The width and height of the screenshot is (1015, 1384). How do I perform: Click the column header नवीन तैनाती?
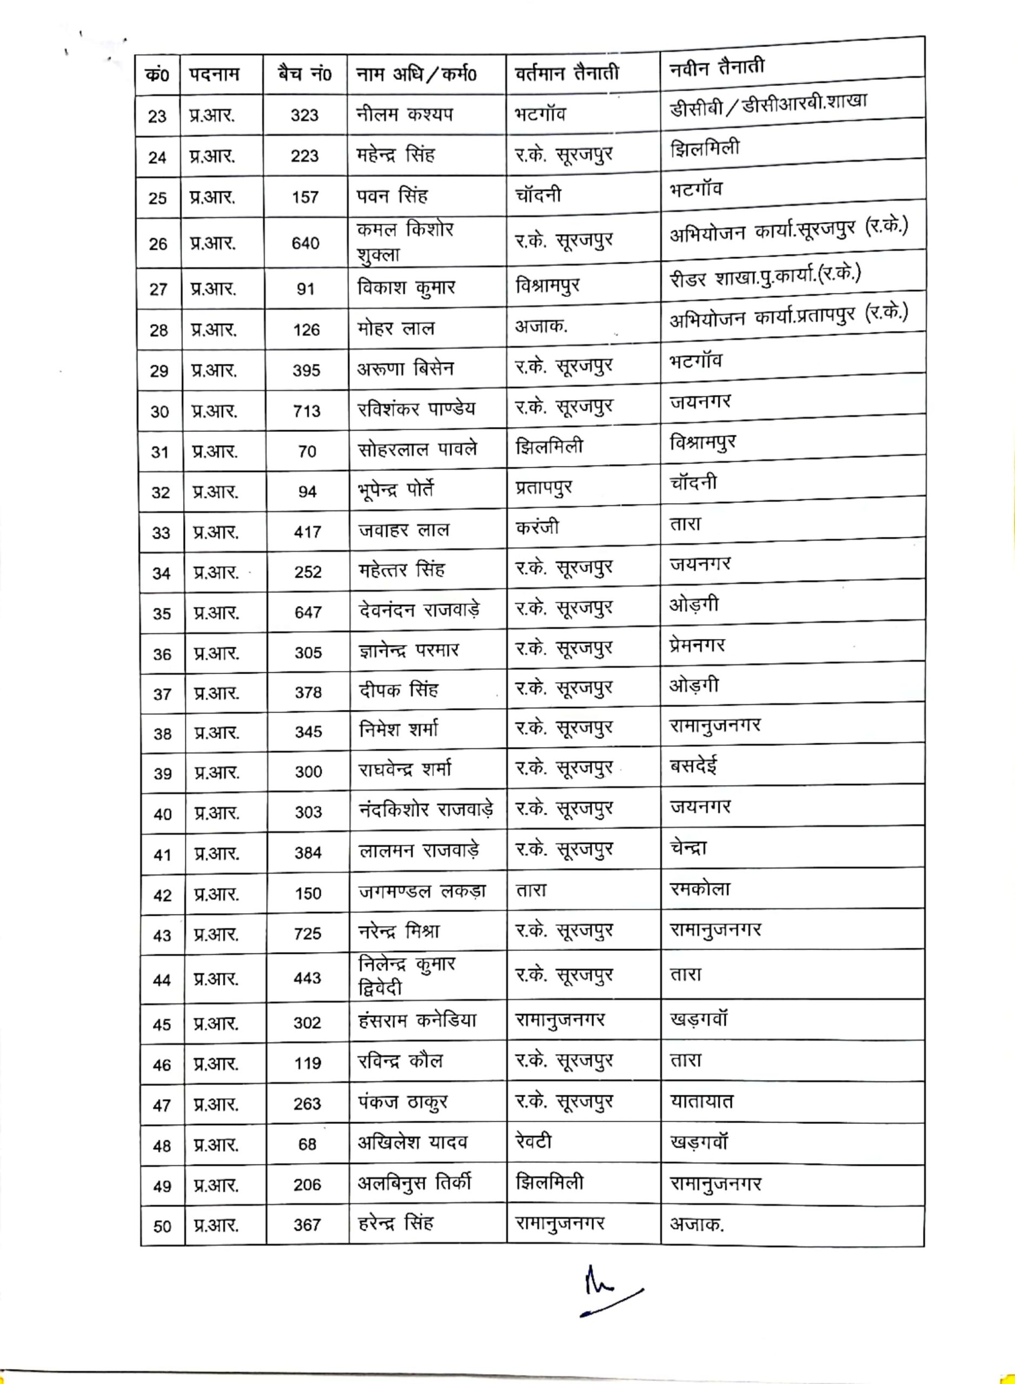[717, 67]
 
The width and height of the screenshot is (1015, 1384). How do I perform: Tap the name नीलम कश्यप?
[404, 114]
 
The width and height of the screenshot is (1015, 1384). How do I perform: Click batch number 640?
[306, 243]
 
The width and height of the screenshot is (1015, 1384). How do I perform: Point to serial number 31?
[160, 452]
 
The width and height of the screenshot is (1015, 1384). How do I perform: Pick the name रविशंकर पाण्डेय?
[416, 409]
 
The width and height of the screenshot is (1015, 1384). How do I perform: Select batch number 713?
[307, 411]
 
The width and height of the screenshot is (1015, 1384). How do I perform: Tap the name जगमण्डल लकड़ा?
[422, 891]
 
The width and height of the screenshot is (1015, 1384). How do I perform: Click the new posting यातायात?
[702, 1101]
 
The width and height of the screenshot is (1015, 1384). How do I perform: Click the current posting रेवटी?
[533, 1141]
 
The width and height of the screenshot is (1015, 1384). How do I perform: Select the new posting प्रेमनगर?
[698, 646]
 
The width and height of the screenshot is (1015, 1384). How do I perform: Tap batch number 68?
[307, 1145]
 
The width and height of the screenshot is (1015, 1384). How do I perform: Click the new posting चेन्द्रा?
[688, 848]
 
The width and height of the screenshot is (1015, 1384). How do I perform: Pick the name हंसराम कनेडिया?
[417, 1021]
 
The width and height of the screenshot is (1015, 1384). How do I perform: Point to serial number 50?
[162, 1227]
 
